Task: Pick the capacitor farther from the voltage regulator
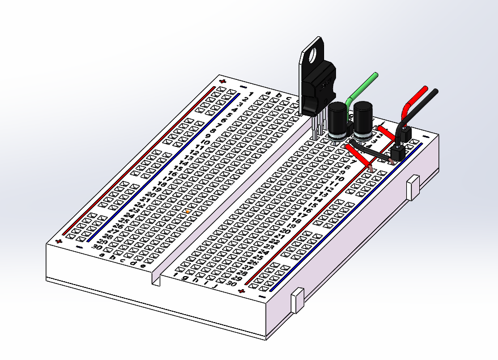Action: [x=363, y=120]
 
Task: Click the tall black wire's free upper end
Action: [x=435, y=91]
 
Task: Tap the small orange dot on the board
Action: [x=186, y=211]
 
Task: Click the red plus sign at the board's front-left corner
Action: [x=59, y=240]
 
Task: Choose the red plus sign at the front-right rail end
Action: [x=242, y=291]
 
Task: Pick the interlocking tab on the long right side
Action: [x=414, y=187]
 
